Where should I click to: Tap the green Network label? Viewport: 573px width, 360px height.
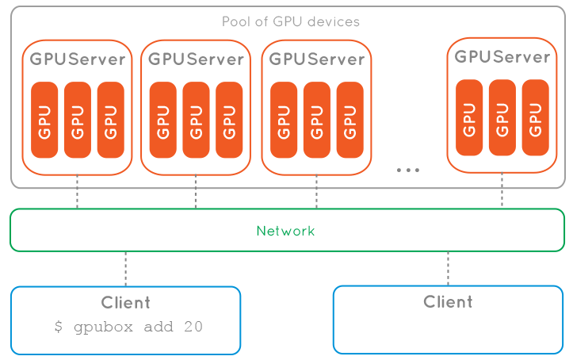click(x=285, y=232)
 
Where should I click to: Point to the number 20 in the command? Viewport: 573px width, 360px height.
click(x=193, y=327)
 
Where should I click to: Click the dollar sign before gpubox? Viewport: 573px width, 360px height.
click(x=59, y=327)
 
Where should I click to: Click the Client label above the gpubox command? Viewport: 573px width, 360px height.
click(x=125, y=302)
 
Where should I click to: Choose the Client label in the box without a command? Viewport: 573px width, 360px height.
click(x=448, y=301)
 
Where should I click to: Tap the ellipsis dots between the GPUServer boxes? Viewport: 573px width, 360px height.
click(x=407, y=169)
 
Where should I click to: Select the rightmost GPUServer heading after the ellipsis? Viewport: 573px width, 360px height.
click(x=502, y=57)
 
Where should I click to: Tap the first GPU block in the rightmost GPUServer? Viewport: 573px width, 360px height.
click(x=469, y=117)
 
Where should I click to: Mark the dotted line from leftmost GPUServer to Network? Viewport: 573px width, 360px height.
click(x=78, y=193)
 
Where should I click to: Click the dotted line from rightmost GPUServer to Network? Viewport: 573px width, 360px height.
click(x=502, y=191)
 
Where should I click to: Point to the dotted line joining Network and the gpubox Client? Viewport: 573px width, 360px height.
click(x=125, y=268)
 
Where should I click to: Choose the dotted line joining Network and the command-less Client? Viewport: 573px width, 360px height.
click(x=448, y=268)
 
